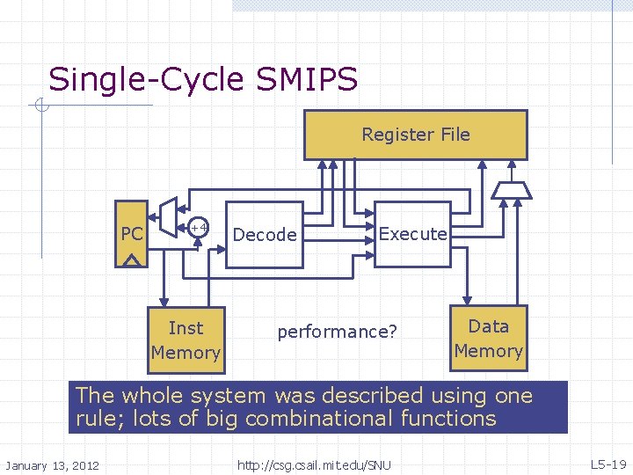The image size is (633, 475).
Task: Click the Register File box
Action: coord(415,135)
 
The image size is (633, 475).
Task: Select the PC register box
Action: coord(132,234)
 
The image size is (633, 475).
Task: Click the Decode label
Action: coord(265,235)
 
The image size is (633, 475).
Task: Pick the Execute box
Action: coord(412,234)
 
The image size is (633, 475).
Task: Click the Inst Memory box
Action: coord(186,340)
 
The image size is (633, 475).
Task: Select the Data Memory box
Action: coord(489,339)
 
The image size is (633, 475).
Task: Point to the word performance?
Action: coord(338,332)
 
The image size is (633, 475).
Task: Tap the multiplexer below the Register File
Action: coord(511,189)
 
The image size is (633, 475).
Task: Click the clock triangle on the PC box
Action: coord(132,260)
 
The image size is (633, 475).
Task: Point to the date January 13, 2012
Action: coord(53,464)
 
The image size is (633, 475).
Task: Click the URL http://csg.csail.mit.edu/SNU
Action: coord(314,464)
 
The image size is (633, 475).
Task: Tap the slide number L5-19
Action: coord(608,464)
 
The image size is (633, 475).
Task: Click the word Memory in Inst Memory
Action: coord(186,353)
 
